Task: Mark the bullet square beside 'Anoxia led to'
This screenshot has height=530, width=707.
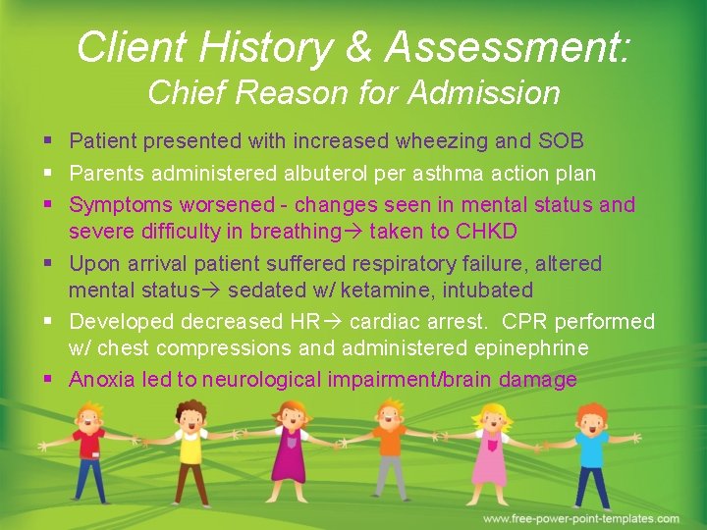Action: pos(50,380)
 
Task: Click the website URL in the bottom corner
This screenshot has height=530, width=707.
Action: pos(580,518)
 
